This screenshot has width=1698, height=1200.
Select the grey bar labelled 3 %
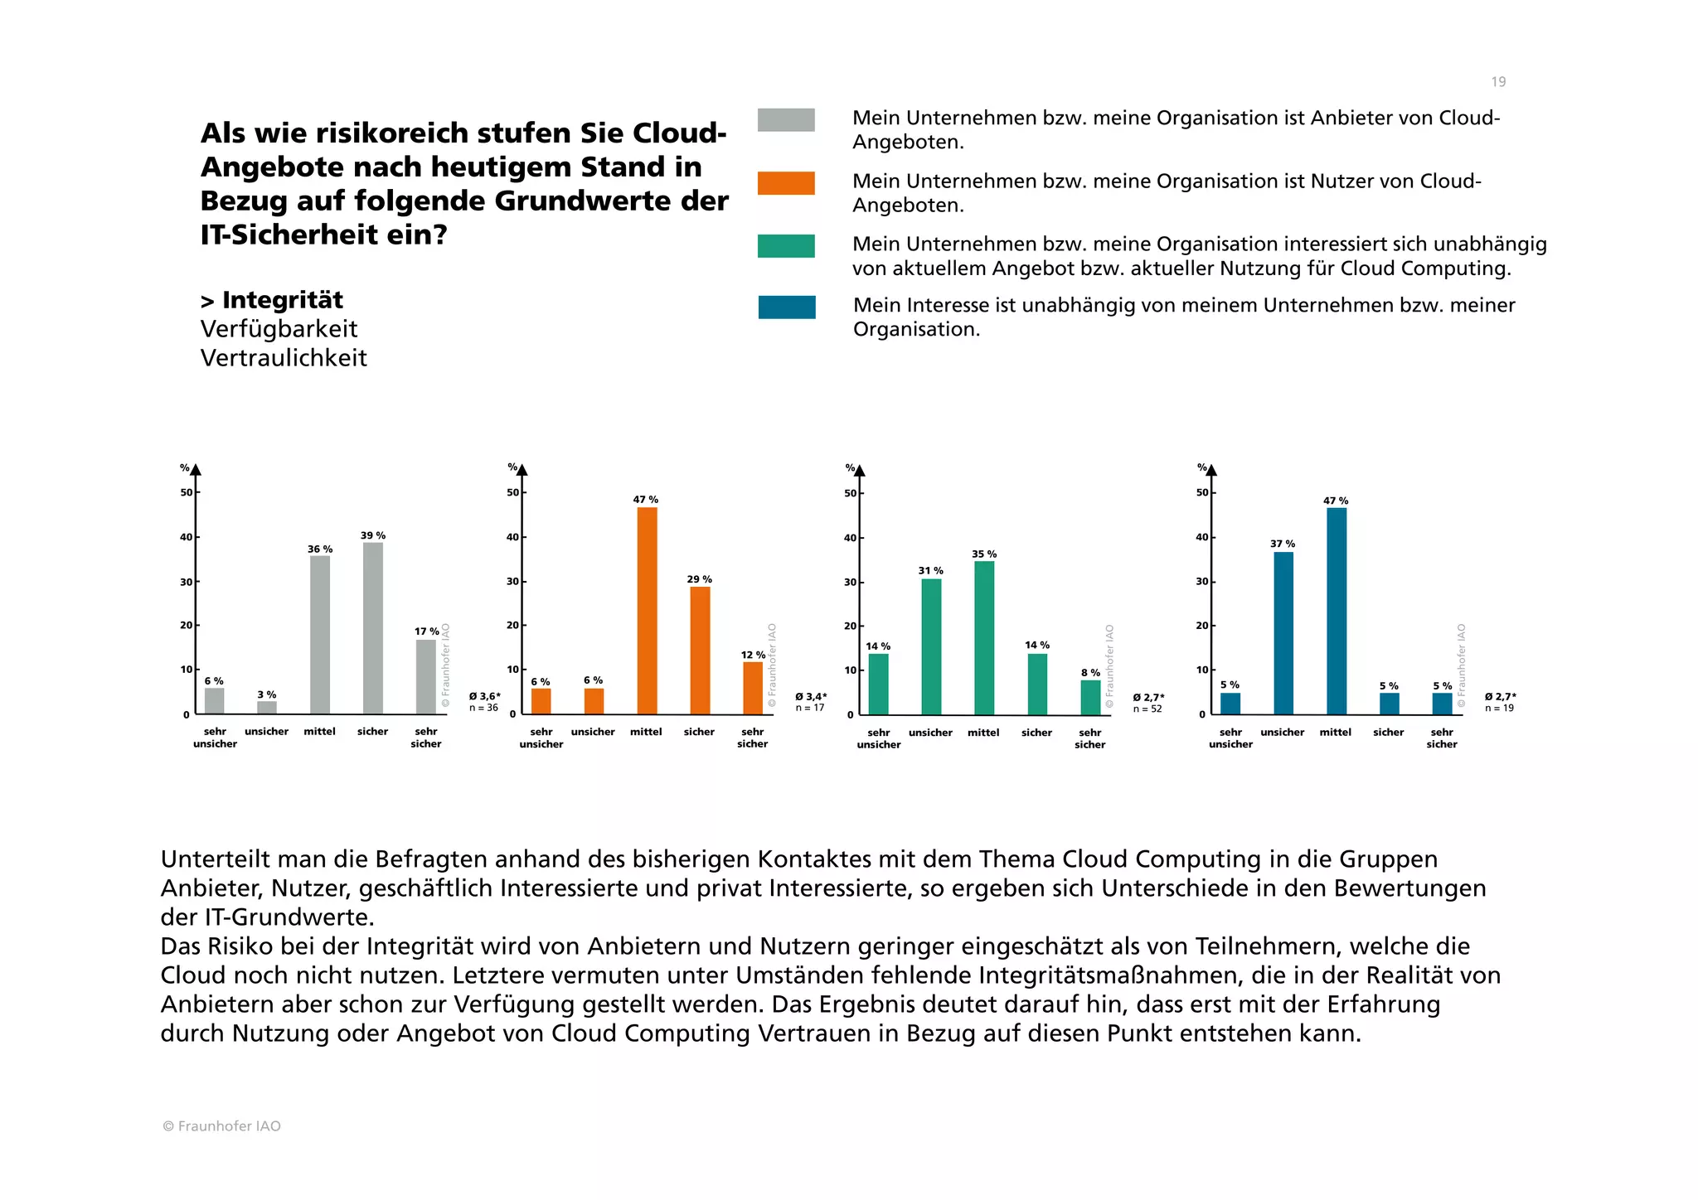coord(267,708)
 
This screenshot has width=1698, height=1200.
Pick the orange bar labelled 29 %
coord(700,651)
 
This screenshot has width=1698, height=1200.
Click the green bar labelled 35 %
coord(984,638)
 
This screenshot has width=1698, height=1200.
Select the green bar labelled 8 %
coord(1090,698)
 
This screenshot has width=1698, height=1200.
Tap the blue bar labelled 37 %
coord(1283,633)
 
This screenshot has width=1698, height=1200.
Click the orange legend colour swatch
coord(786,183)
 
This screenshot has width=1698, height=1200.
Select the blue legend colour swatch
coord(787,307)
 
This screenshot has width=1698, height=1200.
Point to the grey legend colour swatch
coord(786,120)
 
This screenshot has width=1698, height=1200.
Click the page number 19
coord(1498,82)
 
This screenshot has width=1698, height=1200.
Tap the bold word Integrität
coord(282,300)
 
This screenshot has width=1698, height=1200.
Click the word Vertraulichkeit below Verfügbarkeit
coord(284,358)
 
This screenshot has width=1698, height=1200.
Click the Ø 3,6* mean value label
coord(484,696)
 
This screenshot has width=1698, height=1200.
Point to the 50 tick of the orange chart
coord(512,492)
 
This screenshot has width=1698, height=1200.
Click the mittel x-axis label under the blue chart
coord(1336,733)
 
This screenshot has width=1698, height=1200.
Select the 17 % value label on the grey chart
coord(427,631)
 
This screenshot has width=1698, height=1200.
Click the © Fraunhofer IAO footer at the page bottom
coord(221,1126)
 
